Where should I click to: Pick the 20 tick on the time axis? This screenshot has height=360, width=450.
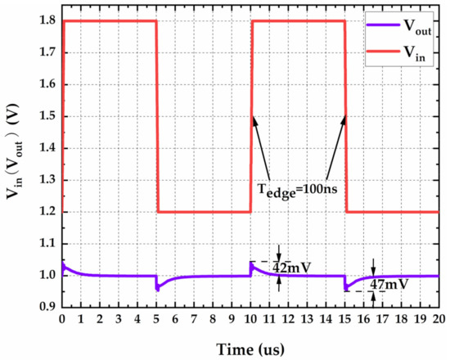click(x=439, y=320)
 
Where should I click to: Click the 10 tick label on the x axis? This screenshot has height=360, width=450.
click(x=251, y=320)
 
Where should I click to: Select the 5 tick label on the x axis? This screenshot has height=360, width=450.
click(x=156, y=320)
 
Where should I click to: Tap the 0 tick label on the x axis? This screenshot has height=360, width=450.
click(x=62, y=320)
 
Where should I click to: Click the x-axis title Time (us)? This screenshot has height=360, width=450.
click(x=250, y=348)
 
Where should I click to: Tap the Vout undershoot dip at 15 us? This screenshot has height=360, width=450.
click(x=347, y=290)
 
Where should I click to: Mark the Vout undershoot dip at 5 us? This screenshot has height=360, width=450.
click(x=158, y=289)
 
